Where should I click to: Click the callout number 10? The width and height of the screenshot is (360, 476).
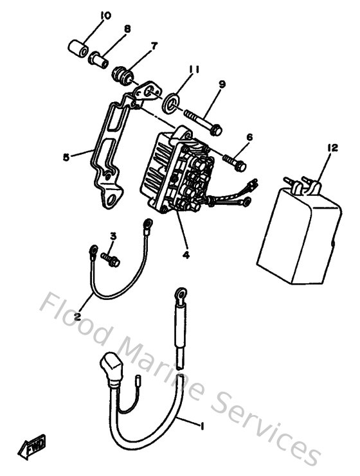tap(105, 15)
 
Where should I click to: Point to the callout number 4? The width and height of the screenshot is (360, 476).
tap(186, 254)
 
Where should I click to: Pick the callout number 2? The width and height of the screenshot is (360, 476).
tap(77, 317)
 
